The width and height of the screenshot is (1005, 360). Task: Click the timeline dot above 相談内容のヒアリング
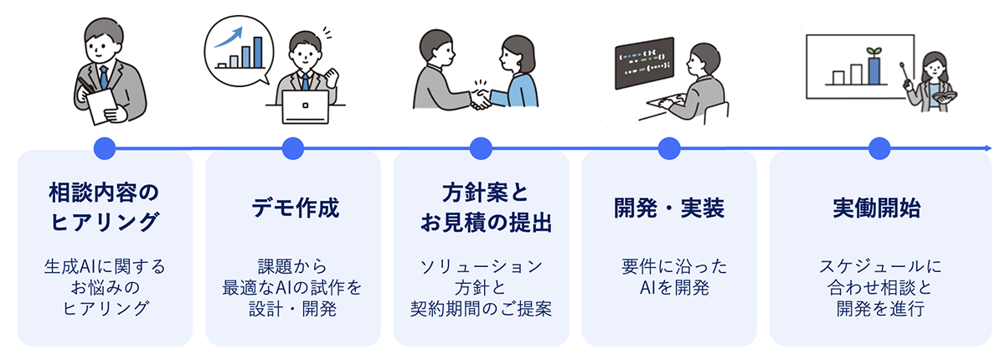[x=104, y=149]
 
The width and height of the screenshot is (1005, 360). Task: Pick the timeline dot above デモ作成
[x=292, y=149]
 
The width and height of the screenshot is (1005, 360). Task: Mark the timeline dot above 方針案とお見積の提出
[x=480, y=149]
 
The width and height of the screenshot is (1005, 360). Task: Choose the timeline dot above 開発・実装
[x=668, y=149]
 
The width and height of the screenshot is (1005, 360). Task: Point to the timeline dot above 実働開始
[x=878, y=149]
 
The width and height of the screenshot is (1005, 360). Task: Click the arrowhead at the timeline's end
[x=988, y=149]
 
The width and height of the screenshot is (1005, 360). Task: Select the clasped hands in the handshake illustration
[x=481, y=99]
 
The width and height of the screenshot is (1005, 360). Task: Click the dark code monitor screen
[x=643, y=63]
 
